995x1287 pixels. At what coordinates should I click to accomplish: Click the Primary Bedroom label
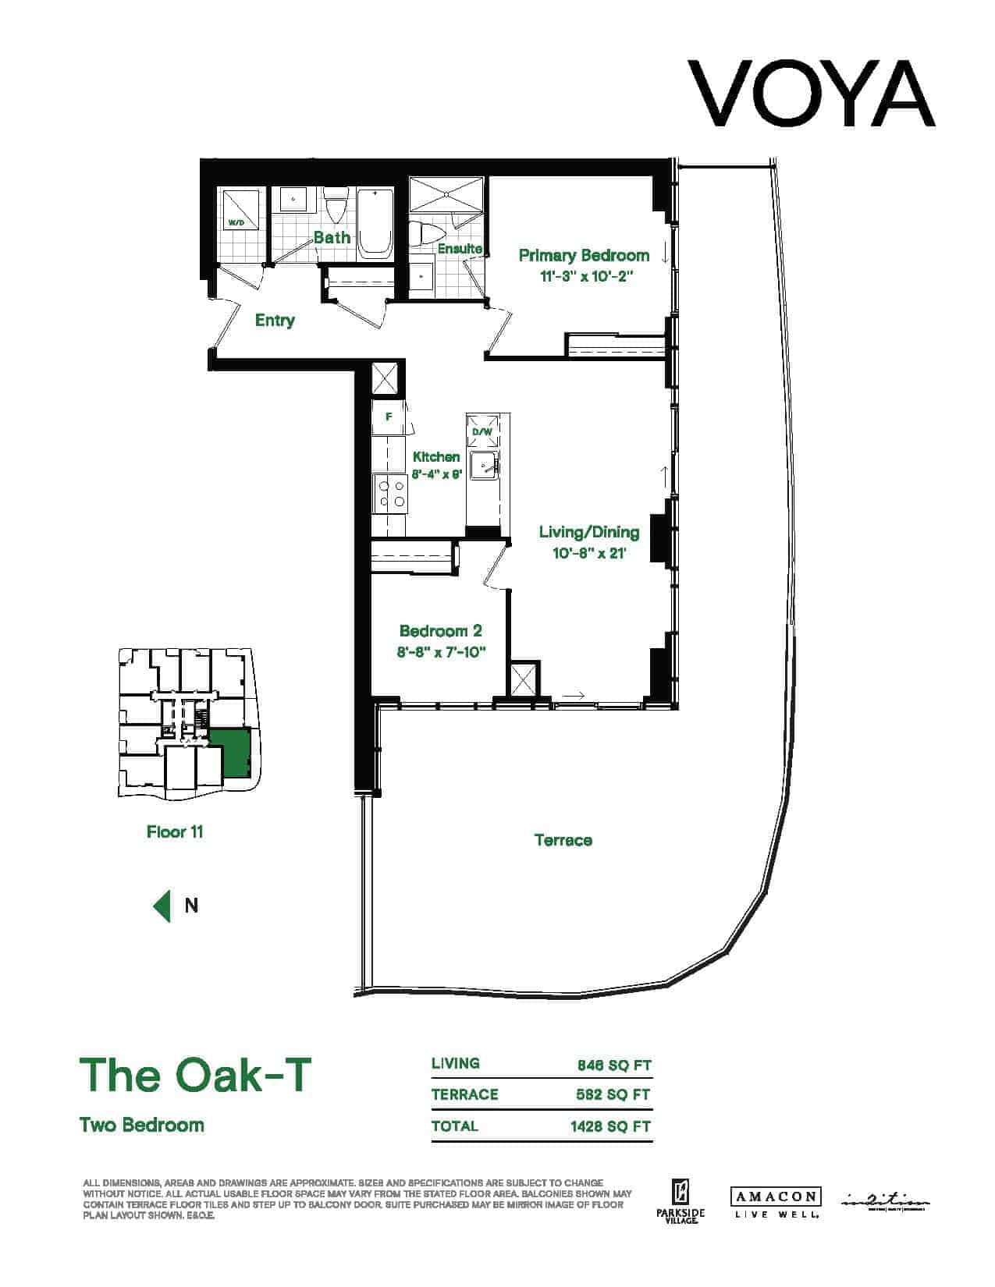pos(584,256)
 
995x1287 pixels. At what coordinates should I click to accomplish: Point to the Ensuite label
pos(459,249)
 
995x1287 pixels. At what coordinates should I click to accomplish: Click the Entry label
pos(275,321)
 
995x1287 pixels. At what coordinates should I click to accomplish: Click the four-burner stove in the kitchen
pos(390,492)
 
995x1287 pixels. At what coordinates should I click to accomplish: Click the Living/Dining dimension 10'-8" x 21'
pos(589,554)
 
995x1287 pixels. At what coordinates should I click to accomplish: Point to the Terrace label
pos(563,840)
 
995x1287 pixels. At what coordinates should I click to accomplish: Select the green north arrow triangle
pos(162,906)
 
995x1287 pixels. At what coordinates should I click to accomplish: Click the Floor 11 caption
pos(175,831)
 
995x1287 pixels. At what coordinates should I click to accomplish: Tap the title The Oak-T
pos(195,1075)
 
